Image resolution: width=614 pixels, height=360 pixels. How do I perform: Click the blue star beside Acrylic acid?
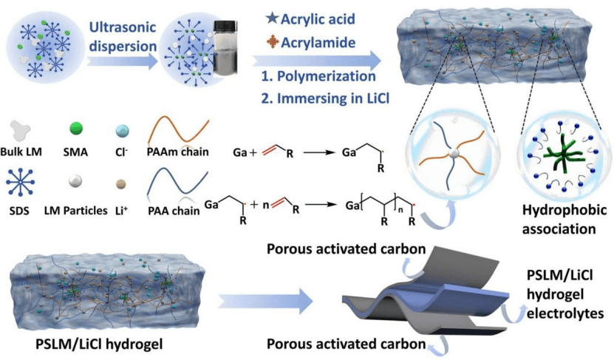272,18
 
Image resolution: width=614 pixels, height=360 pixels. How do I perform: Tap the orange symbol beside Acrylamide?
273,42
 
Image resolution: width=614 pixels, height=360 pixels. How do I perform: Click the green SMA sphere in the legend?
76,128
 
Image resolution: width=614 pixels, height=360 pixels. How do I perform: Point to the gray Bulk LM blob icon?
21,131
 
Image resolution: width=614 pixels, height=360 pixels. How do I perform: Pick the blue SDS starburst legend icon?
21,182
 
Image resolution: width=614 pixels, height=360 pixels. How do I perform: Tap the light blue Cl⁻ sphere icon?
122,131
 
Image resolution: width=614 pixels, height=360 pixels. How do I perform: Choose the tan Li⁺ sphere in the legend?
121,184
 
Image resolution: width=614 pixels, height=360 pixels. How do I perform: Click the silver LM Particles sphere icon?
75,181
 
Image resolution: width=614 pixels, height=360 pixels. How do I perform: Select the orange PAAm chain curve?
178,132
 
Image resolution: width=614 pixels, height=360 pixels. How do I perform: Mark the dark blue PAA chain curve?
178,183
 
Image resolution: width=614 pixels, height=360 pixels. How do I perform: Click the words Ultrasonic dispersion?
123,36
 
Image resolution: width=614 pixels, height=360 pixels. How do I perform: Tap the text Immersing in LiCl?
333,98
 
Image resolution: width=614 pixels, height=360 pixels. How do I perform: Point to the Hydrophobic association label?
564,219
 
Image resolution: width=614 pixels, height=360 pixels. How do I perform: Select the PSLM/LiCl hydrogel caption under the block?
99,344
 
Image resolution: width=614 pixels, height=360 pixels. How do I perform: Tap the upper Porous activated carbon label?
346,249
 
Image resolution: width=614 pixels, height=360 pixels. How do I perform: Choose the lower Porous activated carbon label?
346,344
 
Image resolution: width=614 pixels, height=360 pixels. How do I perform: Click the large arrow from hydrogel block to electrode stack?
265,302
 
